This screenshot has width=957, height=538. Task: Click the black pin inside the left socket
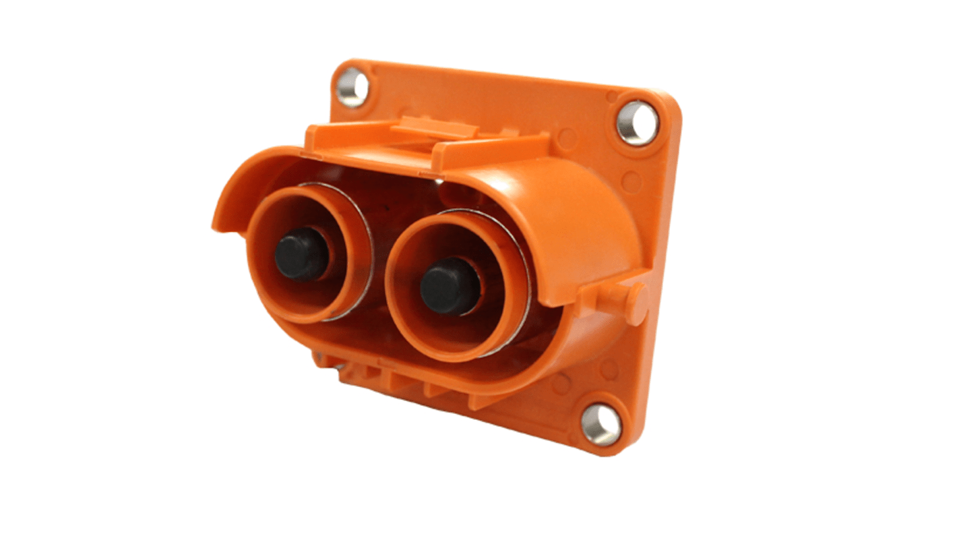point(301,253)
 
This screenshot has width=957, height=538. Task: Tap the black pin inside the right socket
point(450,285)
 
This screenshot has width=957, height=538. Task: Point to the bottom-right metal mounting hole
point(600,425)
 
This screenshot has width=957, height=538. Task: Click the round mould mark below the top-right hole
point(630,181)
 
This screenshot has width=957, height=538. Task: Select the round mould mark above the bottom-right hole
point(609,369)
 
